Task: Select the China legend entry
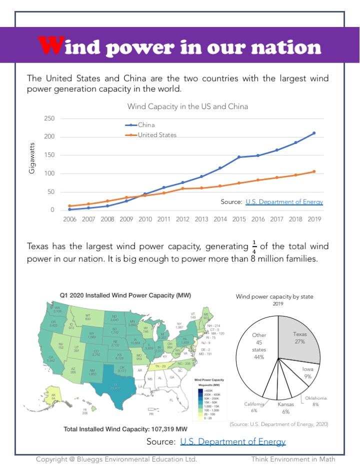pos(146,125)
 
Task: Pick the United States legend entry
pos(157,135)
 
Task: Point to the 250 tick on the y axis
pos(49,118)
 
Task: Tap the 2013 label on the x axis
pos(201,219)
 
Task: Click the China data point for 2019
pos(314,133)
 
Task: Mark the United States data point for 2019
pos(314,171)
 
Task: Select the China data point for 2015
pos(239,157)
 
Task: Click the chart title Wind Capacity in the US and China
pos(187,106)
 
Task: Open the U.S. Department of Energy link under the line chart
pos(284,202)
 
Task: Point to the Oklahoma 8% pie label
pos(316,401)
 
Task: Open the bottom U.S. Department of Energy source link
pos(232,441)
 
